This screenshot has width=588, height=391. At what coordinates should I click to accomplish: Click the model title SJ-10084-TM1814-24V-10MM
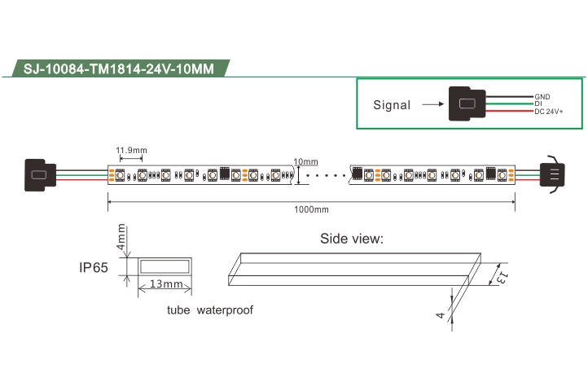tap(119, 68)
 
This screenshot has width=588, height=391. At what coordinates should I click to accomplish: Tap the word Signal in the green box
tap(392, 105)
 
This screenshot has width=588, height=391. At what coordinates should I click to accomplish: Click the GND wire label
tap(542, 97)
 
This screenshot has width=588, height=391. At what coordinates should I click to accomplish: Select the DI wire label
tap(538, 103)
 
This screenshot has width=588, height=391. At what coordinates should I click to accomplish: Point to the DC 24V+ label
tap(549, 112)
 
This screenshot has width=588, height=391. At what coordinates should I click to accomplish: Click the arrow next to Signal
tap(432, 104)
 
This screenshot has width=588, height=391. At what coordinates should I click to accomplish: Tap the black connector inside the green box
tap(467, 103)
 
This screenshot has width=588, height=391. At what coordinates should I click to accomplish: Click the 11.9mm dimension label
tap(131, 150)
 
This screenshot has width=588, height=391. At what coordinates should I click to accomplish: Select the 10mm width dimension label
tap(305, 161)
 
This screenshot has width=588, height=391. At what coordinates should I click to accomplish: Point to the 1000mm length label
tap(311, 209)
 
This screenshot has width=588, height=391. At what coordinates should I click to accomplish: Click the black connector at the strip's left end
tap(40, 175)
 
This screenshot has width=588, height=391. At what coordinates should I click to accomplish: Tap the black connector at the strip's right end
tap(552, 174)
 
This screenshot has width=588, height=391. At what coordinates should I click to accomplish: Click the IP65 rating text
tap(94, 267)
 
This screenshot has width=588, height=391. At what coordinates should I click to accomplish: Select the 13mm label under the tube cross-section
tap(166, 283)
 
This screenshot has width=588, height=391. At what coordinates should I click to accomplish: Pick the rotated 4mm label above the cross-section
tap(121, 237)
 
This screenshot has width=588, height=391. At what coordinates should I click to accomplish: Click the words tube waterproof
tap(210, 310)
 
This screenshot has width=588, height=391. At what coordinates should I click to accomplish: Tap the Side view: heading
tap(352, 239)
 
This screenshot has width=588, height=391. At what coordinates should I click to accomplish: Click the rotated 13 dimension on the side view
tap(502, 278)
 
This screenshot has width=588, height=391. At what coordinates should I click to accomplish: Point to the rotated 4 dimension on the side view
tap(441, 315)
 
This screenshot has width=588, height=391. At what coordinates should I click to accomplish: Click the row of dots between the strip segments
tap(327, 175)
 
